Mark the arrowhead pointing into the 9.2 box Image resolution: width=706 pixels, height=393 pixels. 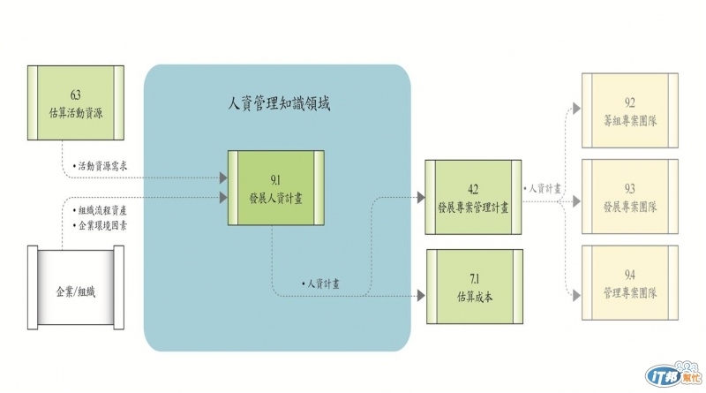[x=576, y=109]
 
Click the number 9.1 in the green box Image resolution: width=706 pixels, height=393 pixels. [x=273, y=178]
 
